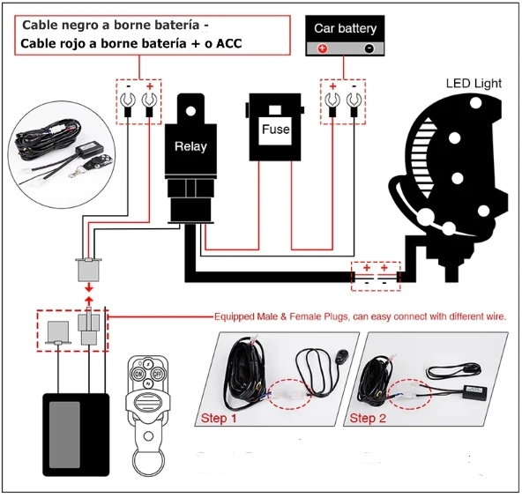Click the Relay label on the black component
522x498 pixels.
tap(190, 146)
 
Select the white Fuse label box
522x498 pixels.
tap(275, 130)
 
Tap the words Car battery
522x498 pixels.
tap(346, 28)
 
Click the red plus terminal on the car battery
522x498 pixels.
tap(322, 48)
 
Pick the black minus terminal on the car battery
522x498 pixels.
tap(369, 48)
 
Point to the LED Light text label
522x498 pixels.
tap(474, 83)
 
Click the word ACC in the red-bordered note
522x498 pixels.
tap(229, 43)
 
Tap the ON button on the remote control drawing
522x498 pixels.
tap(138, 374)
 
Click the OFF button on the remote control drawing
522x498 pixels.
tap(158, 374)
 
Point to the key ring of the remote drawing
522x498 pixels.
tap(149, 462)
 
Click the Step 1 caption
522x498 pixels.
tap(219, 418)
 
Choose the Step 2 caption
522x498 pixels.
tap(368, 418)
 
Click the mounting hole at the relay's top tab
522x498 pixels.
tap(190, 111)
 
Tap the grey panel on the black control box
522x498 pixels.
tap(64, 435)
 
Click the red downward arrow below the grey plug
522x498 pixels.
tap(89, 287)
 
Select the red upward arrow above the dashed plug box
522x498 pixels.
tap(89, 301)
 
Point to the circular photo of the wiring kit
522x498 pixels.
tap(62, 155)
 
